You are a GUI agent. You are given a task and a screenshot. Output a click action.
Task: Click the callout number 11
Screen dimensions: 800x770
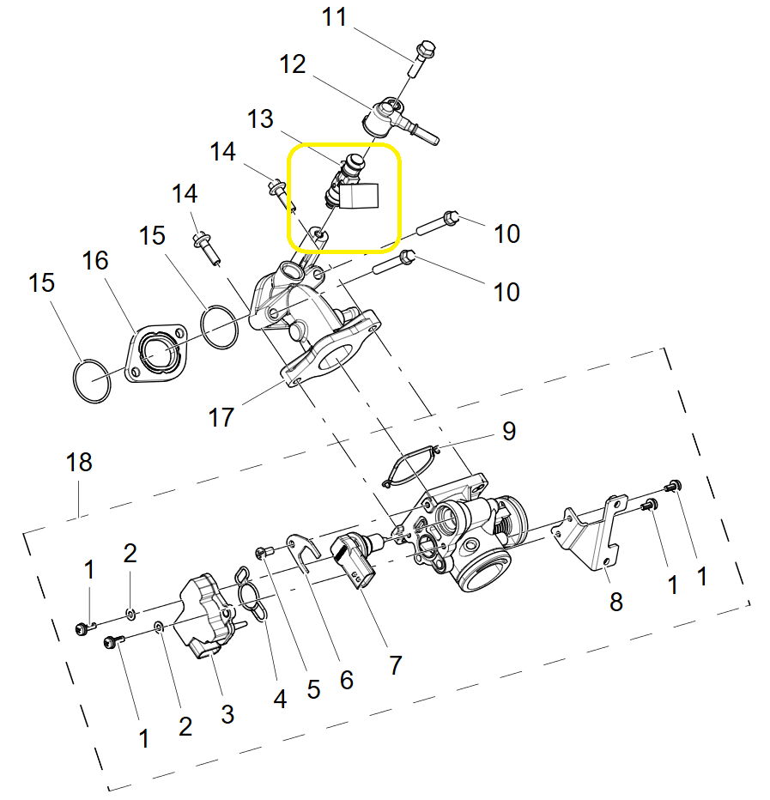pyautogui.click(x=334, y=17)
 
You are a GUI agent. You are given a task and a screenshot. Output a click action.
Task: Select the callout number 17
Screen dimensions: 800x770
pyautogui.click(x=221, y=418)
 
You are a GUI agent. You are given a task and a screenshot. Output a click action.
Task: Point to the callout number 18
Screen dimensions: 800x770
pyautogui.click(x=78, y=464)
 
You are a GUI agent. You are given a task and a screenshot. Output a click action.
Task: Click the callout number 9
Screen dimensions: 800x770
pyautogui.click(x=509, y=431)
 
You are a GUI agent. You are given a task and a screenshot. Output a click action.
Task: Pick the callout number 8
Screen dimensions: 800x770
pyautogui.click(x=615, y=602)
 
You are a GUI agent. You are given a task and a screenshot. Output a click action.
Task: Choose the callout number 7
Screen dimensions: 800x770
pyautogui.click(x=395, y=664)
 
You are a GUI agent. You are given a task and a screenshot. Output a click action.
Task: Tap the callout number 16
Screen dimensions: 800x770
pyautogui.click(x=95, y=260)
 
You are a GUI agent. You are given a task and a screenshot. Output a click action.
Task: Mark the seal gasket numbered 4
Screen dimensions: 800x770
pyautogui.click(x=251, y=592)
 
